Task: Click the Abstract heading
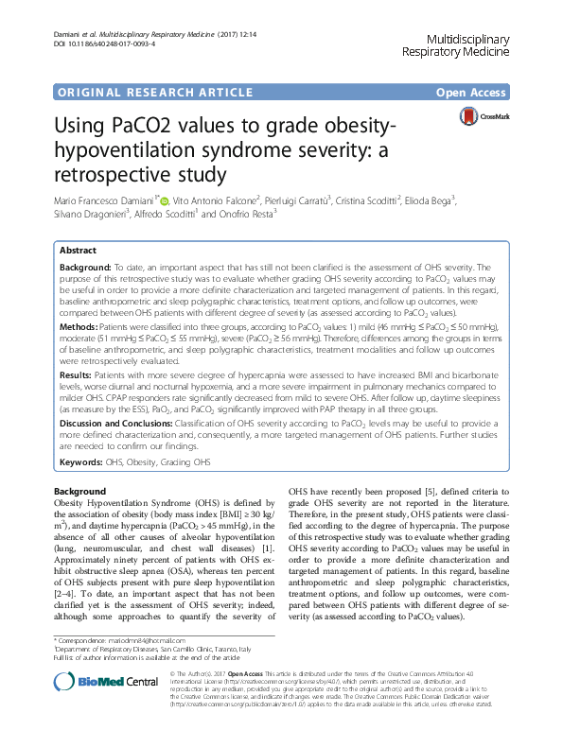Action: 78,251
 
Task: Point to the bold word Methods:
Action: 82,325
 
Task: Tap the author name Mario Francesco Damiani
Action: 107,200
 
